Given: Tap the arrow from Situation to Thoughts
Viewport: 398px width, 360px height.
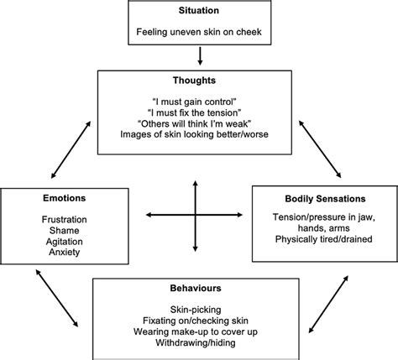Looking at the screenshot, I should point(199,57).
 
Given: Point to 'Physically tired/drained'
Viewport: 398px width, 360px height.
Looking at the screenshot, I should point(322,241).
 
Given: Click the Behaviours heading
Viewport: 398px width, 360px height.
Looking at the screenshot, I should point(199,290).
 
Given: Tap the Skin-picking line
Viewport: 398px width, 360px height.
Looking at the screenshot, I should point(199,309).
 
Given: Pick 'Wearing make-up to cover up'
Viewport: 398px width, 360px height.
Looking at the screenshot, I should point(199,331).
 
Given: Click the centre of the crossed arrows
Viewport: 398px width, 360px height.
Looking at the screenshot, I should point(196,215).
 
